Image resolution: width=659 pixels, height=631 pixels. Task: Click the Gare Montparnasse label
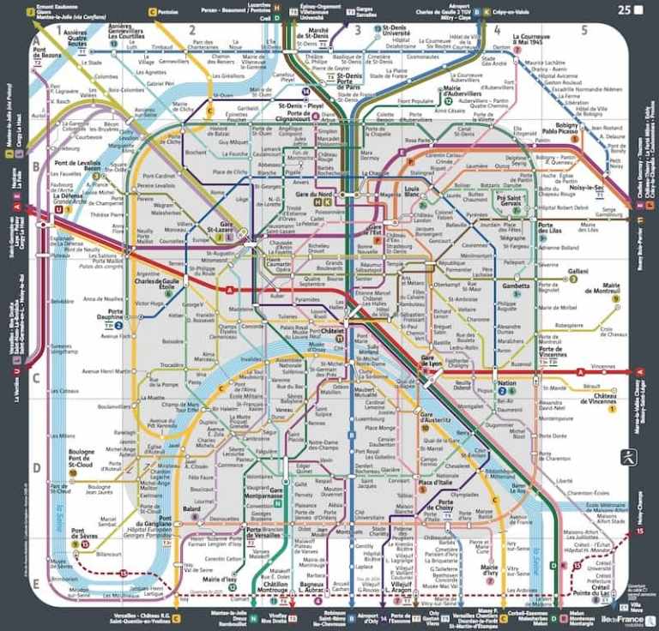263,496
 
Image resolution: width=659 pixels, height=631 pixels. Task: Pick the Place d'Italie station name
436,484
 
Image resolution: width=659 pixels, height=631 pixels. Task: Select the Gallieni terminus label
577,272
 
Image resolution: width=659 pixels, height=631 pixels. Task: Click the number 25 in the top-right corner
624,10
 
